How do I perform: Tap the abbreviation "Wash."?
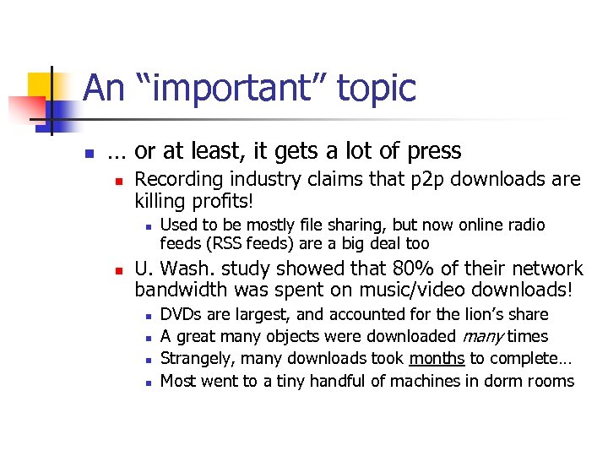pos(187,269)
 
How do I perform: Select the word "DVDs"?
pos(181,315)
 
